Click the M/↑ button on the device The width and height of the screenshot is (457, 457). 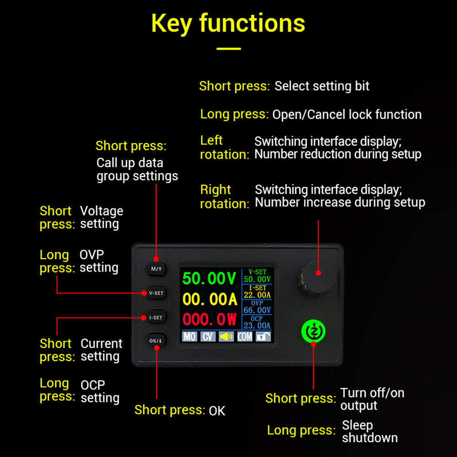[x=156, y=269]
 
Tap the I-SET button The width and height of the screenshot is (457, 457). [x=156, y=317]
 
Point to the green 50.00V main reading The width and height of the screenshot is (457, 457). [x=209, y=278]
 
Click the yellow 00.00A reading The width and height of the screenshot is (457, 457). [x=209, y=299]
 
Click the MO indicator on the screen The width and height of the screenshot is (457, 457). [x=190, y=337]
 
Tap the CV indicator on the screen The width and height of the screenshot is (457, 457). [x=208, y=337]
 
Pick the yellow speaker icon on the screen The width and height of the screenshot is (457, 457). [x=226, y=337]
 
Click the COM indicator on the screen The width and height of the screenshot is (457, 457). [x=245, y=337]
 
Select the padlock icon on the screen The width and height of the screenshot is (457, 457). [x=263, y=337]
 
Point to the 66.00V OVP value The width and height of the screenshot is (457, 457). [x=257, y=310]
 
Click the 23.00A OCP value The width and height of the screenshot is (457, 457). [x=257, y=325]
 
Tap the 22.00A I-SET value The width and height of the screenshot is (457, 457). [x=257, y=295]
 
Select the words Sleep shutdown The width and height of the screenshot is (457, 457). [x=370, y=431]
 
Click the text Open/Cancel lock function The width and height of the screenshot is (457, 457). [x=347, y=114]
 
